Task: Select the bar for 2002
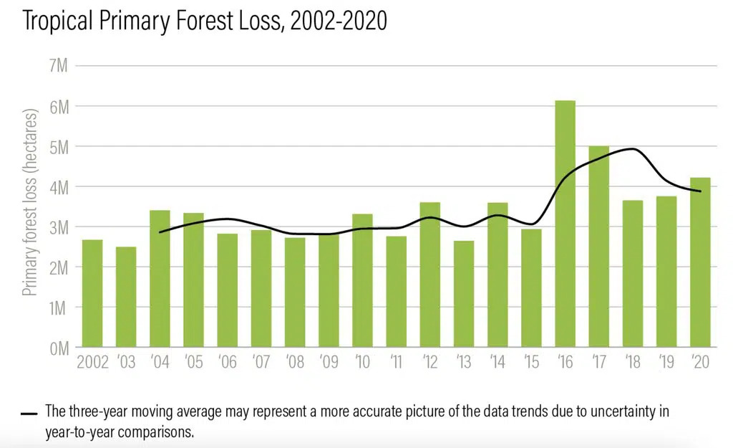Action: point(92,294)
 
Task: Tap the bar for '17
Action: point(598,247)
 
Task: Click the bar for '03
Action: point(126,297)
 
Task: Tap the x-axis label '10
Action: point(361,363)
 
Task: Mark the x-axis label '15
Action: point(530,363)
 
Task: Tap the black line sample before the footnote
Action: point(29,414)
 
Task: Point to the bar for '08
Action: point(295,293)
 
